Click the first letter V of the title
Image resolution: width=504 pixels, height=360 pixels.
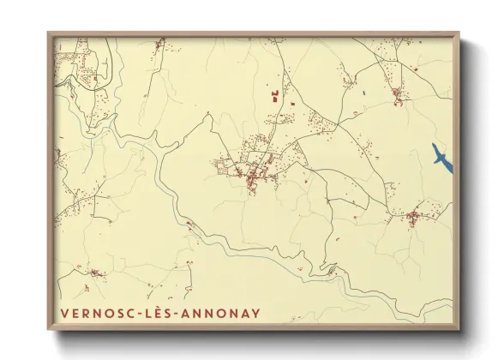pos(65,313)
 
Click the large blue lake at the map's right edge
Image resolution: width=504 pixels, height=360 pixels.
pos(441,159)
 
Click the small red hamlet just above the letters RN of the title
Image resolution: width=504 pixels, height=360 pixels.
pos(93,274)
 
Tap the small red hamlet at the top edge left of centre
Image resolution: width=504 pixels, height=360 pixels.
pos(159,43)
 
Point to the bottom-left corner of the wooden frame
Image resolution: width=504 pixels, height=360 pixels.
pos(49,329)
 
